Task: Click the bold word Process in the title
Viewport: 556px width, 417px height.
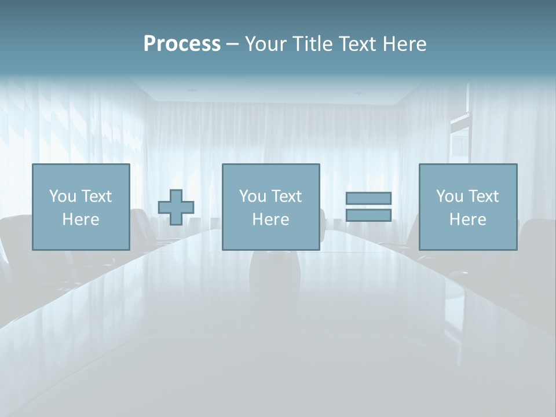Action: pos(182,44)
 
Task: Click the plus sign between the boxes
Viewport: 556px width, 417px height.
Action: pos(176,207)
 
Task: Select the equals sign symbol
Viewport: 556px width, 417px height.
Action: pos(368,207)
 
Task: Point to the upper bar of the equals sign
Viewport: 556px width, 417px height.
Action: pos(368,199)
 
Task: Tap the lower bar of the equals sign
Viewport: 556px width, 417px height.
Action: pos(368,215)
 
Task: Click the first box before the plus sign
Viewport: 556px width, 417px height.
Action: pos(81,207)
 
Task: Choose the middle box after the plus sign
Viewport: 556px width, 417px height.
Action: pos(270,207)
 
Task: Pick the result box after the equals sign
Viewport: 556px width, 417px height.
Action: pos(467,207)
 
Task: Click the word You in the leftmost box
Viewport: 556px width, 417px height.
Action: pos(62,196)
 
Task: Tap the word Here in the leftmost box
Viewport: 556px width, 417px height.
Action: pos(81,220)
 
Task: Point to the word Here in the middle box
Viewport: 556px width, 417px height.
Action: pos(270,220)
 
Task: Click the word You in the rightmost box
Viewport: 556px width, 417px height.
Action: pos(449,196)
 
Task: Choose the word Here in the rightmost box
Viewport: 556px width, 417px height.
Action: pos(467,220)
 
